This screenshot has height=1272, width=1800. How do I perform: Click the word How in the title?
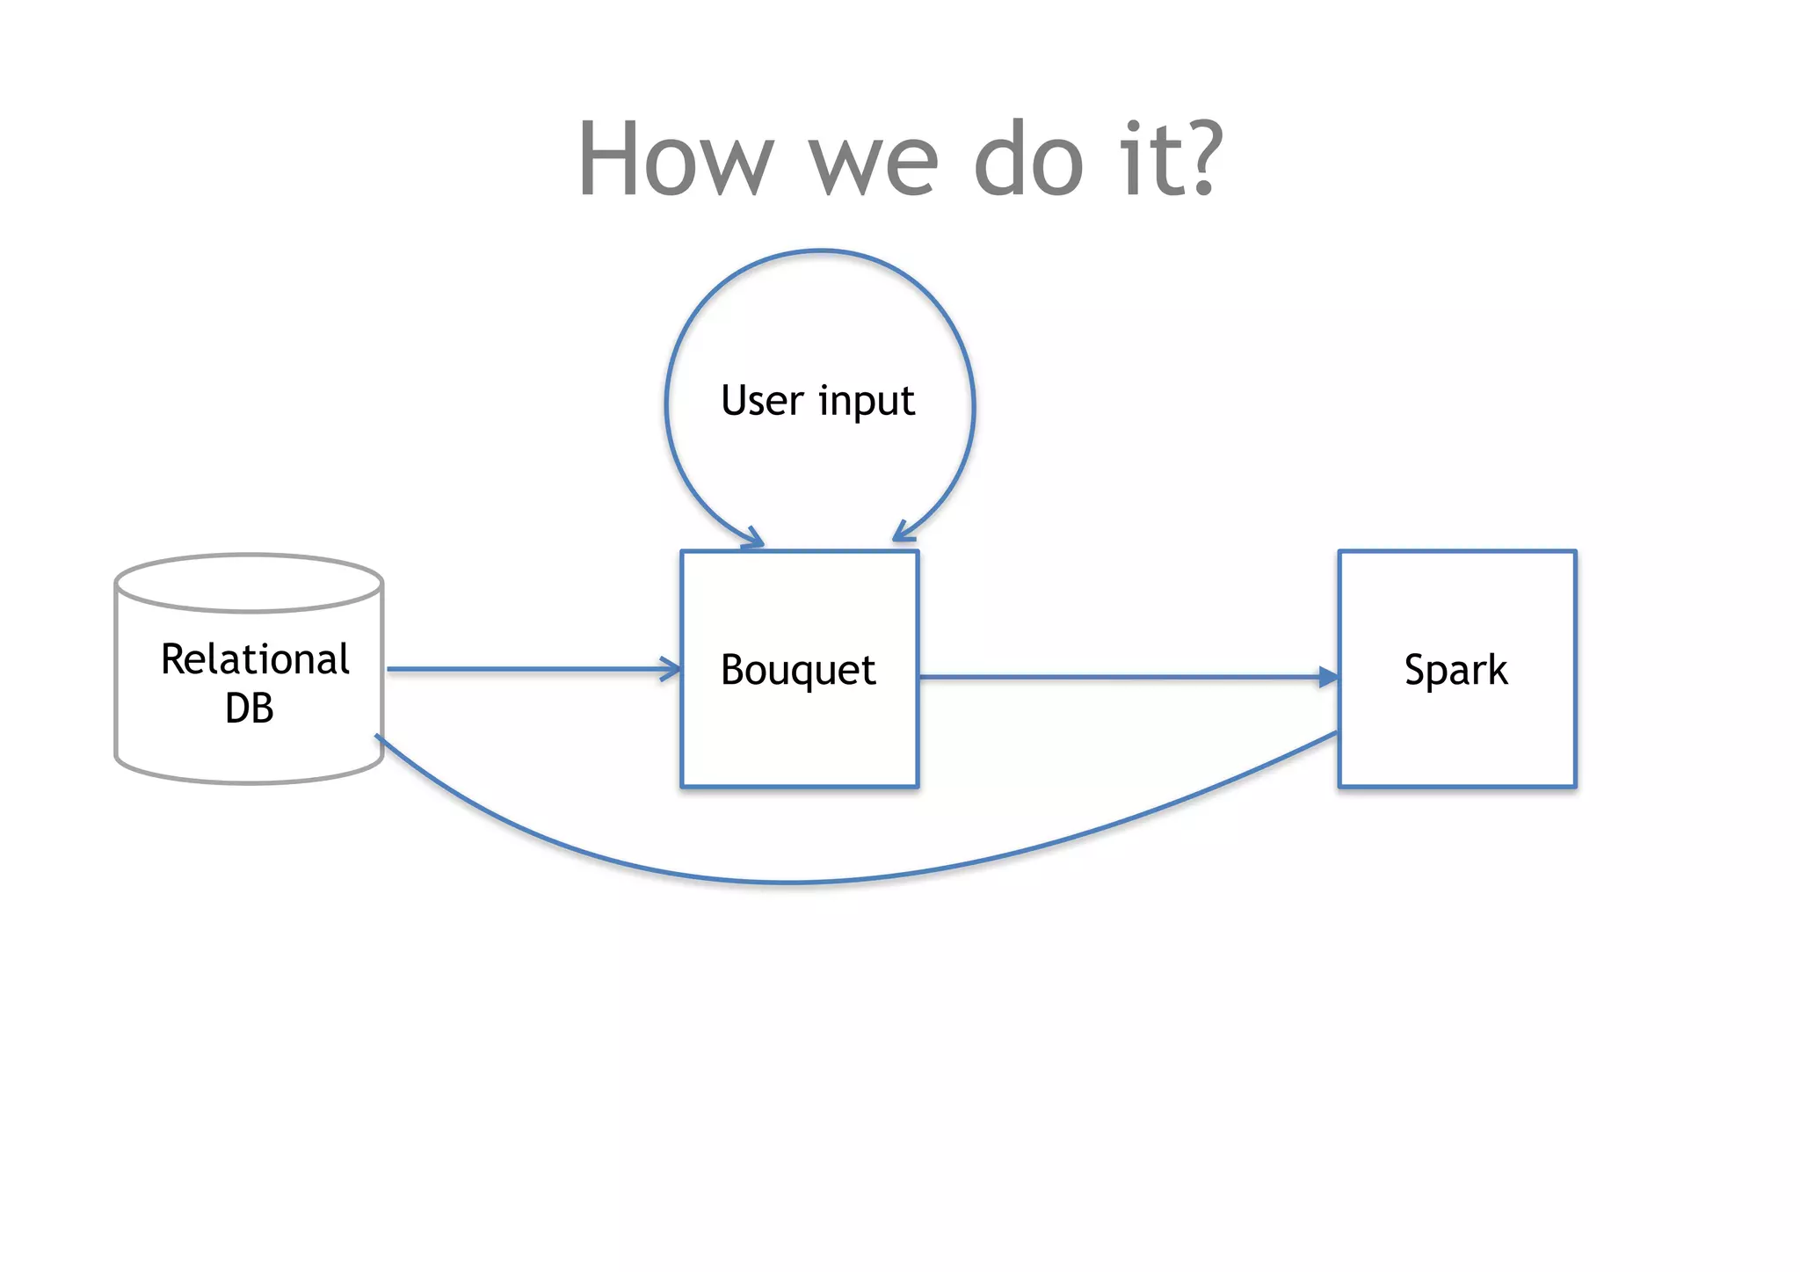tap(675, 160)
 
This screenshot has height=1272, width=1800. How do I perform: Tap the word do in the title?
tap(1028, 160)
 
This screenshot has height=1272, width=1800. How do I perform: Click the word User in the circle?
tap(762, 401)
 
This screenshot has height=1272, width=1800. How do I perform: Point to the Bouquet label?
tap(798, 671)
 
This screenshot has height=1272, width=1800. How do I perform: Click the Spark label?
tap(1455, 671)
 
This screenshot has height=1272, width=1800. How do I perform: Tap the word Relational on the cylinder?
tap(255, 659)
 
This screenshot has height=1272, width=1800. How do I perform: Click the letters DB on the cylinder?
tap(250, 709)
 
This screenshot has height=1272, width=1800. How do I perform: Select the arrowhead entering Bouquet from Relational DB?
tap(671, 669)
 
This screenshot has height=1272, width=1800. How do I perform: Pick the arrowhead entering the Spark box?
tap(1328, 677)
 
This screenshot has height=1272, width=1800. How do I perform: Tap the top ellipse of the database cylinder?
tap(250, 582)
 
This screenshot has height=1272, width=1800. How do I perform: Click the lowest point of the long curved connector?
tap(791, 882)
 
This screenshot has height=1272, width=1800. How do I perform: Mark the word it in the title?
tap(1143, 160)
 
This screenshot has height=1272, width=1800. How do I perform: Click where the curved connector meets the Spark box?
tap(1336, 733)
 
